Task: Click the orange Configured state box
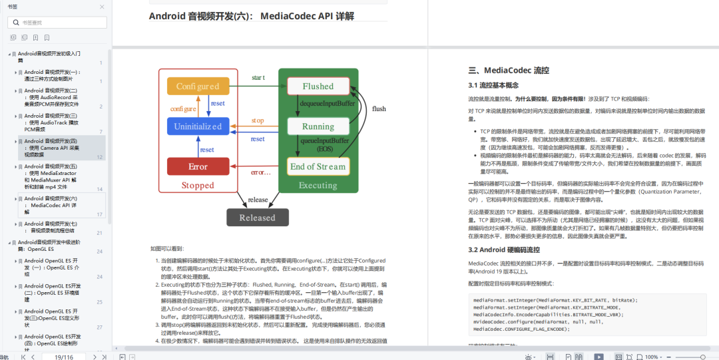[x=197, y=87]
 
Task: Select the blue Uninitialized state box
[x=197, y=126]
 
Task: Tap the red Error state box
[x=197, y=166]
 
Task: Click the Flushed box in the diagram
[x=318, y=87]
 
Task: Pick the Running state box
[x=318, y=126]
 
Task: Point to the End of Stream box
[x=318, y=166]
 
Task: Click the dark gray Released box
[x=257, y=218]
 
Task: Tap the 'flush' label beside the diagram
[x=379, y=108]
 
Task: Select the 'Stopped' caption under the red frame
[x=198, y=186]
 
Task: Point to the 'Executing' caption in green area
[x=318, y=186]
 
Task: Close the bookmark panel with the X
[x=101, y=7]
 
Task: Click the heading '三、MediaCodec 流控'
[x=509, y=71]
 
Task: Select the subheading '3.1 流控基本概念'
[x=493, y=85]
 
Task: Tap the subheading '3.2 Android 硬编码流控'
[x=504, y=250]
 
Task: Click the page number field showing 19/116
[x=64, y=357]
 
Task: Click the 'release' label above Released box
[x=258, y=200]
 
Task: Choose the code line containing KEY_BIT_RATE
[x=555, y=300]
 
